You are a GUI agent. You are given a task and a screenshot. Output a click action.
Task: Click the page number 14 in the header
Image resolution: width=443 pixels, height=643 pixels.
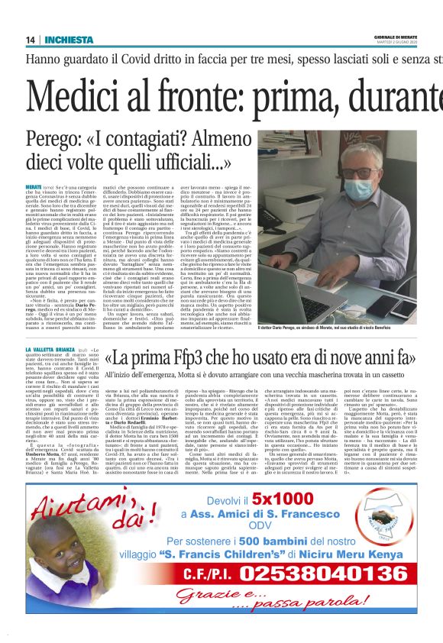tap(31, 40)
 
